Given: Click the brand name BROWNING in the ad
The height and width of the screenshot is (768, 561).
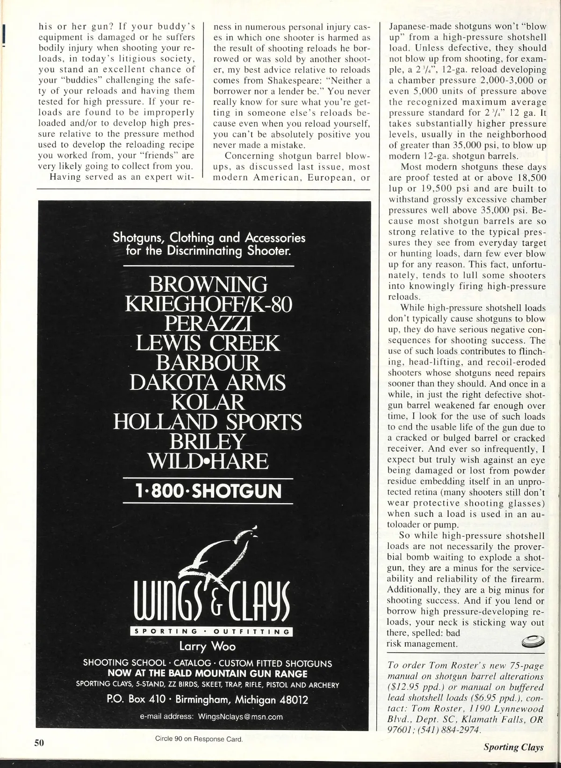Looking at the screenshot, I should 208,284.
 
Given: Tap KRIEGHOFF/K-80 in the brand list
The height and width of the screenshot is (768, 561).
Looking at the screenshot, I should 209,304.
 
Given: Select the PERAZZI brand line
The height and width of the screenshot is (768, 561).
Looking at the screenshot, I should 208,324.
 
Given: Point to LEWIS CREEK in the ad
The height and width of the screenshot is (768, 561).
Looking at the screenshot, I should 208,344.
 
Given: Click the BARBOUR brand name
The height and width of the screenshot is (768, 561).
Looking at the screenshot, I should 208,363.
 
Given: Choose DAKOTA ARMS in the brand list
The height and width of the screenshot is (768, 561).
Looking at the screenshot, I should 208,383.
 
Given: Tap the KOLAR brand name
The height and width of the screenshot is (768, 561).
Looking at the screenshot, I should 208,402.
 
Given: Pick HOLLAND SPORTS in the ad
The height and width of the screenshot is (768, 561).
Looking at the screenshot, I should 208,422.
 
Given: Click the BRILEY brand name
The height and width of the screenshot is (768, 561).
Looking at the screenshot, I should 208,442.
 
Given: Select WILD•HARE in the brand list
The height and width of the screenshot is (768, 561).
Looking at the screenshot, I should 208,461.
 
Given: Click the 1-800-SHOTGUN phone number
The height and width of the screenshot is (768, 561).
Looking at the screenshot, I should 209,491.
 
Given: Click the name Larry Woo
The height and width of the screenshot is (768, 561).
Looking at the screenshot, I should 208,647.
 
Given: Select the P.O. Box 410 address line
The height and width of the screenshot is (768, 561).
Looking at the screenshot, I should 208,700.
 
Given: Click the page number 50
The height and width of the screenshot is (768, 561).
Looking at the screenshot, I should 39,742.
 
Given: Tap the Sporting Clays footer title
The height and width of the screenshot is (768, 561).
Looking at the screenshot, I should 513,747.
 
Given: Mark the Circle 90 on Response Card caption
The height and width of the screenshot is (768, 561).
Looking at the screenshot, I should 199,739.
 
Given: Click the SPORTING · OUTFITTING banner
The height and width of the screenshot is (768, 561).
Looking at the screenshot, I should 212,632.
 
